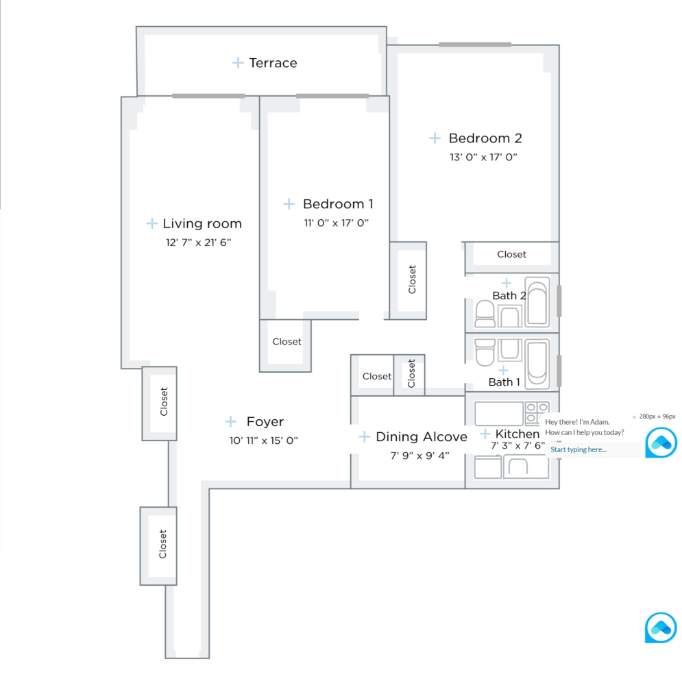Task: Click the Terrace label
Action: pyautogui.click(x=273, y=63)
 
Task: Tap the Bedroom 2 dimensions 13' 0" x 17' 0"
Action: pyautogui.click(x=483, y=157)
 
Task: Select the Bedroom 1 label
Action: pyautogui.click(x=338, y=204)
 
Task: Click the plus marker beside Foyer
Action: pyautogui.click(x=231, y=422)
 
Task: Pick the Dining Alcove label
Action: pyautogui.click(x=422, y=437)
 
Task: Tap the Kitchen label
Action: pyautogui.click(x=517, y=434)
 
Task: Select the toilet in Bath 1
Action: pyautogui.click(x=485, y=352)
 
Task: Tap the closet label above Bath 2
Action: pyautogui.click(x=511, y=254)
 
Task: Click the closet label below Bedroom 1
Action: pyautogui.click(x=287, y=341)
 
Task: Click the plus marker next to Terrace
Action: pyautogui.click(x=238, y=63)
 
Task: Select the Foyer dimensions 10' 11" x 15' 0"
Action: pyautogui.click(x=264, y=440)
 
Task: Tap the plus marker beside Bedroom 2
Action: pyautogui.click(x=435, y=138)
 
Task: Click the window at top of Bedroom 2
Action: pyautogui.click(x=474, y=45)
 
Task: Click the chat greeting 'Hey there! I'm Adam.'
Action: pyautogui.click(x=577, y=422)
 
